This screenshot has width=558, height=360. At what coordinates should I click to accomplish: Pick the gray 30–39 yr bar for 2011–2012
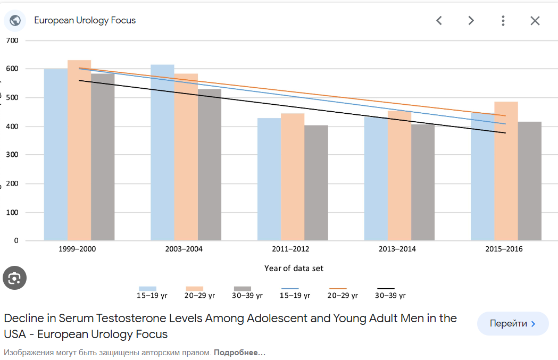click(316, 183)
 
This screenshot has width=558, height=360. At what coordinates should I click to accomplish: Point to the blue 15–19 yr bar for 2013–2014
click(376, 181)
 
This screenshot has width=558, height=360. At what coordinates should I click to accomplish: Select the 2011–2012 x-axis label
click(290, 249)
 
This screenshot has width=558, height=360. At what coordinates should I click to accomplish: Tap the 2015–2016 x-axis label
click(504, 249)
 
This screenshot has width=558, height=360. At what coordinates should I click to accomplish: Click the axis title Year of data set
click(294, 268)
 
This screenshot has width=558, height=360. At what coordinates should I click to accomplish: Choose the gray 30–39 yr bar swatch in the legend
click(242, 289)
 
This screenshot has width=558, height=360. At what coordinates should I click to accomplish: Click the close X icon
click(535, 21)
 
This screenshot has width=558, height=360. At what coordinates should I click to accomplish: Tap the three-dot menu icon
click(503, 21)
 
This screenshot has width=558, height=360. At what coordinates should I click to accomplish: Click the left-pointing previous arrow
click(439, 21)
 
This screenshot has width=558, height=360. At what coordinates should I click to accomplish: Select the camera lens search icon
click(14, 278)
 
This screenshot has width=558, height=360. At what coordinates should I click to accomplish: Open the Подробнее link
click(239, 353)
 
